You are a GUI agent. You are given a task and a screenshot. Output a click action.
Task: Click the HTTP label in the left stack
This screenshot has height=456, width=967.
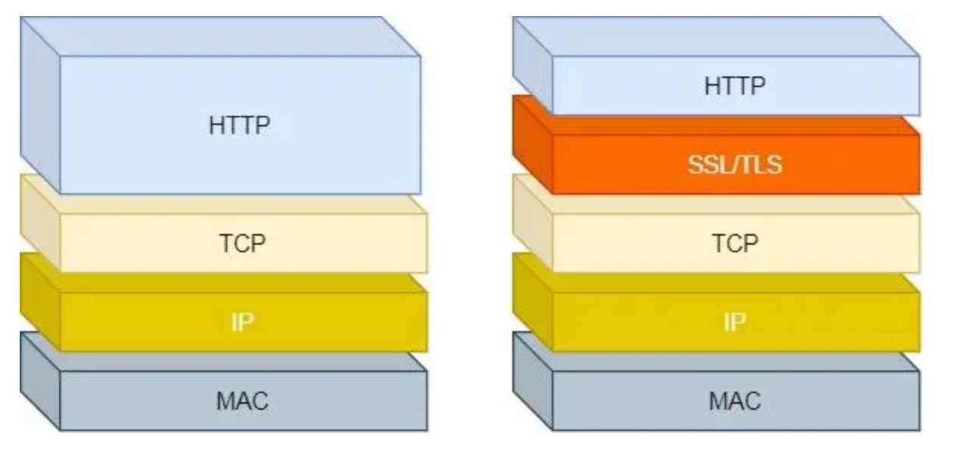tap(239, 125)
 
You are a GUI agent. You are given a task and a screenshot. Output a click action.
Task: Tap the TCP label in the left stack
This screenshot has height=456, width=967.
tap(243, 242)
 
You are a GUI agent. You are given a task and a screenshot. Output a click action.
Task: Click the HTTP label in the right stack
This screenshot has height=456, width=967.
tap(735, 86)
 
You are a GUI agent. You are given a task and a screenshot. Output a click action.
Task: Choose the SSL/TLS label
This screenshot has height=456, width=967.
tap(735, 164)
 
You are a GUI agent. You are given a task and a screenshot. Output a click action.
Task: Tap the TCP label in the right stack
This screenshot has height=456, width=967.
tap(735, 242)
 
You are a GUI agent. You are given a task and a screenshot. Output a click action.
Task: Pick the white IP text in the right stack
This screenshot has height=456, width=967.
tap(735, 321)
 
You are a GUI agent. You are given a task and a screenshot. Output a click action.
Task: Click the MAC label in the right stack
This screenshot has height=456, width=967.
tap(735, 400)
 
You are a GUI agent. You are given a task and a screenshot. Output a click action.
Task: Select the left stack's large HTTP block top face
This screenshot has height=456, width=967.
tap(220, 36)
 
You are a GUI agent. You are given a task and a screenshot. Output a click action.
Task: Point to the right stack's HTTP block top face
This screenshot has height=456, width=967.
tap(716, 36)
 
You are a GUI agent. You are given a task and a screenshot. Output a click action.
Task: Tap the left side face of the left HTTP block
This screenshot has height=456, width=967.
tap(39, 106)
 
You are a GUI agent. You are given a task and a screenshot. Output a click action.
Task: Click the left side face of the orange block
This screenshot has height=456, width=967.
tap(532, 144)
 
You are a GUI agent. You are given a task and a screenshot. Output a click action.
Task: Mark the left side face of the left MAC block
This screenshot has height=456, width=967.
tap(39, 380)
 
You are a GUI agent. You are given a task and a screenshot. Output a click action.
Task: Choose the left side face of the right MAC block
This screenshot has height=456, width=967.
tap(532, 380)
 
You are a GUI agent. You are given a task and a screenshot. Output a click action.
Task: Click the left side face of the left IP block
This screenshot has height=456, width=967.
tap(39, 301)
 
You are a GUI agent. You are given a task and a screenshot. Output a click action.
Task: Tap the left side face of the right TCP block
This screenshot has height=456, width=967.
tap(532, 223)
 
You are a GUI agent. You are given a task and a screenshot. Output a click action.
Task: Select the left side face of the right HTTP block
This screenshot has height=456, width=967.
tap(532, 65)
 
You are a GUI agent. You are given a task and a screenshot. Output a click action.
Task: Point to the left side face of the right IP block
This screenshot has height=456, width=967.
tap(532, 301)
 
